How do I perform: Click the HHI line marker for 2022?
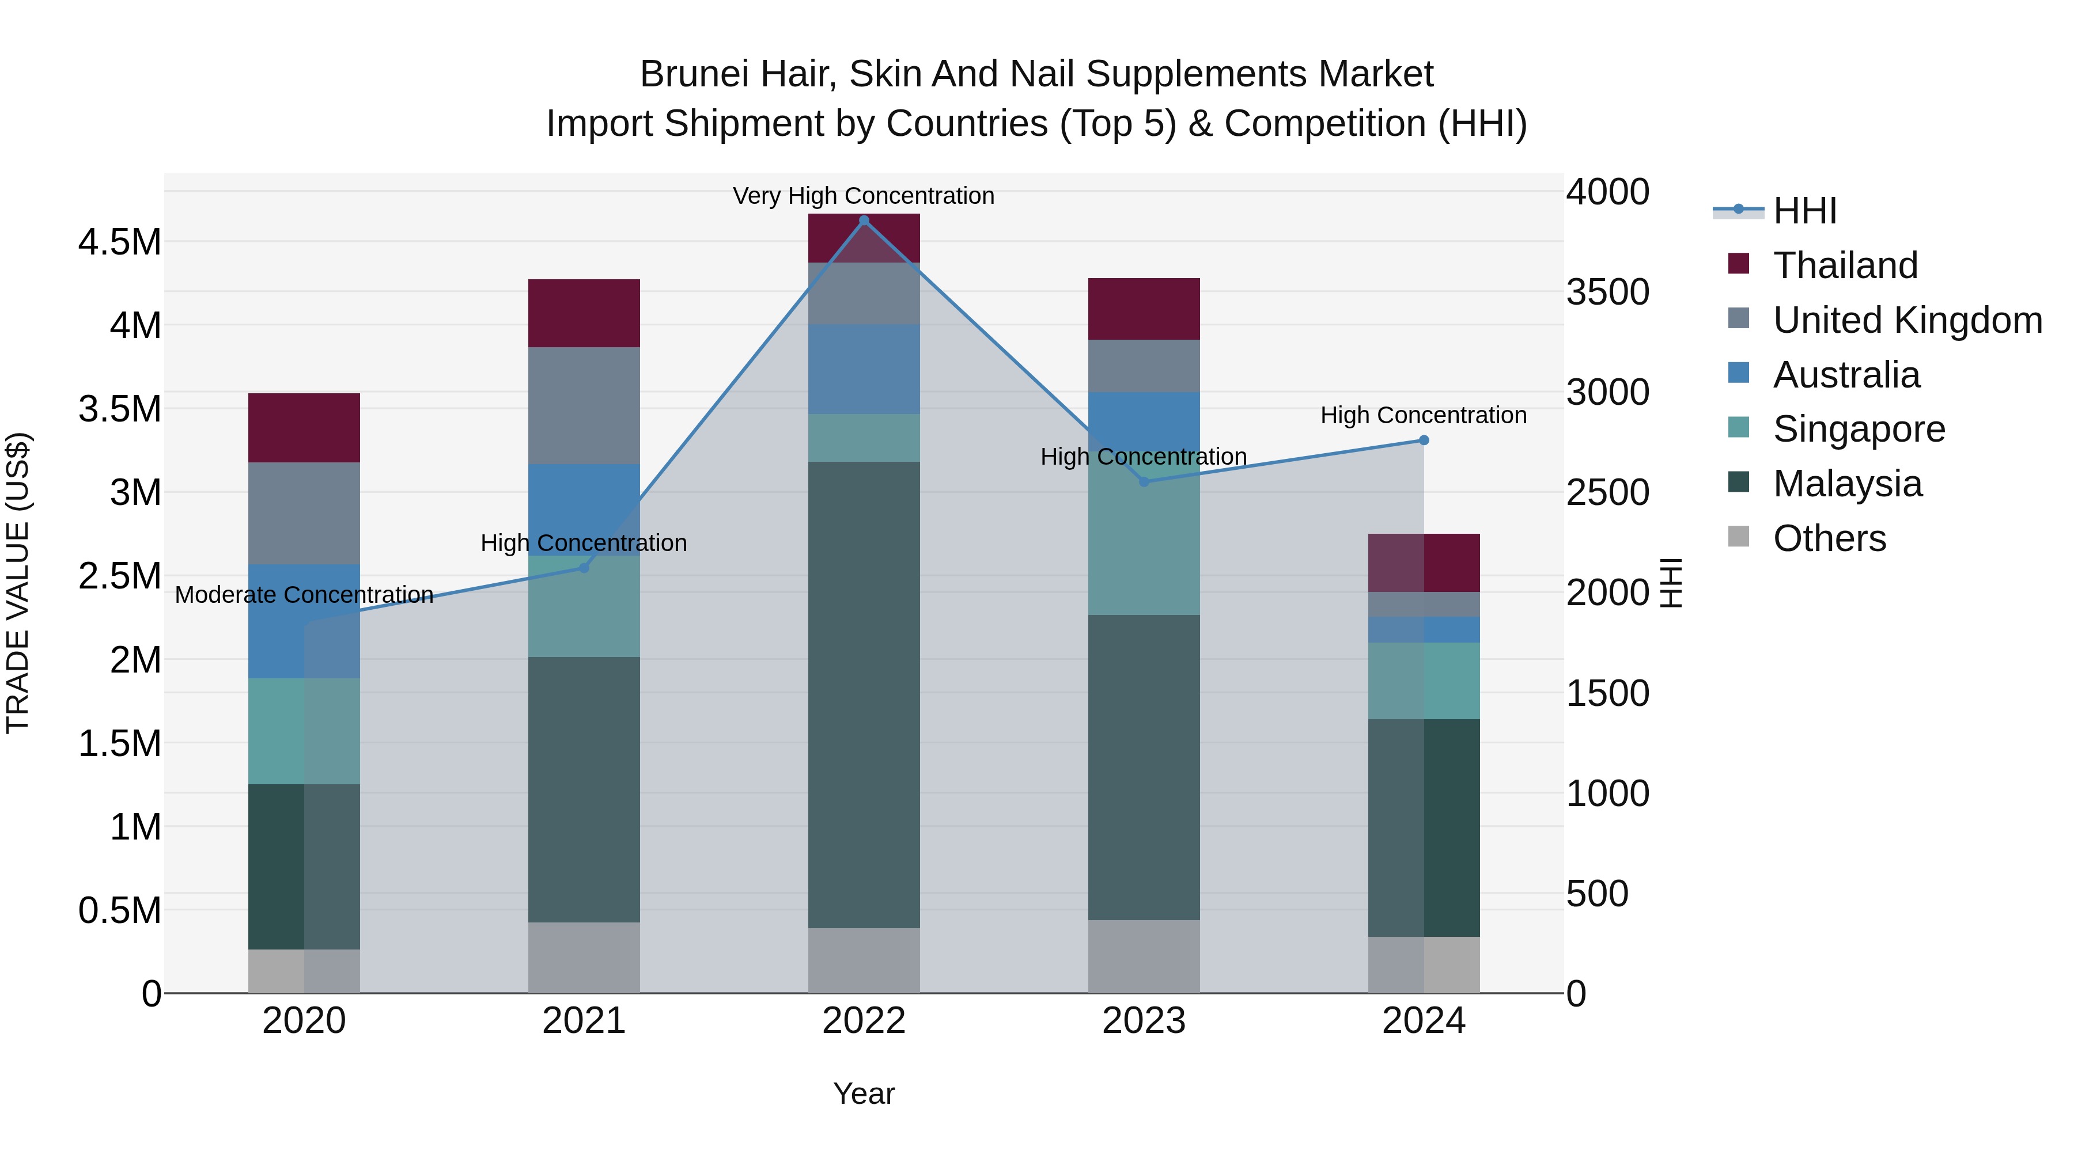864,221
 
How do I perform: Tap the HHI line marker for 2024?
1424,440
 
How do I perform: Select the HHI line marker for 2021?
585,568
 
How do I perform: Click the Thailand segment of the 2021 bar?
584,313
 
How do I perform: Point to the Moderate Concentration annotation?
304,595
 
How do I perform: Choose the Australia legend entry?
1846,375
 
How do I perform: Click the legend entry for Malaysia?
1847,484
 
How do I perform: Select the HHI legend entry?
1804,211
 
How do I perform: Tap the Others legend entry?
1829,538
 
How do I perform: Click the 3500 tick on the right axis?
1607,292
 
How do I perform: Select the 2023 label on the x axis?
1143,1021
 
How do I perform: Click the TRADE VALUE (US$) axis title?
18,583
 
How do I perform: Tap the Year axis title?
864,1093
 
